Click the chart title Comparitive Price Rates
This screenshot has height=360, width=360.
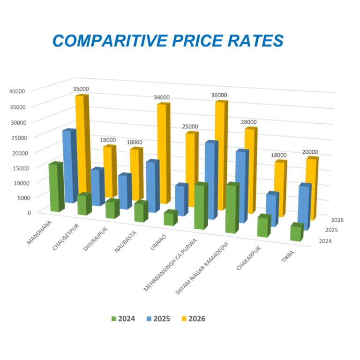tap(168, 40)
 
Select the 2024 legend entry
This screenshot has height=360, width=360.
tap(123, 319)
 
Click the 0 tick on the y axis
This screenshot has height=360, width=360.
tap(29, 212)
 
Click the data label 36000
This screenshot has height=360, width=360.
tap(219, 95)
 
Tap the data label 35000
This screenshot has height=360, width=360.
tap(81, 89)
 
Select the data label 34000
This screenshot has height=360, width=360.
tap(162, 97)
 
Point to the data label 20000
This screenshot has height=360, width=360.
tap(310, 152)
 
